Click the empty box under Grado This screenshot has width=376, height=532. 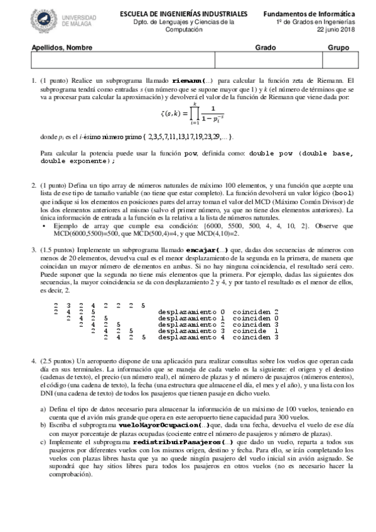(268, 60)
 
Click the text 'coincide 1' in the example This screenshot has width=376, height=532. (254, 331)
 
